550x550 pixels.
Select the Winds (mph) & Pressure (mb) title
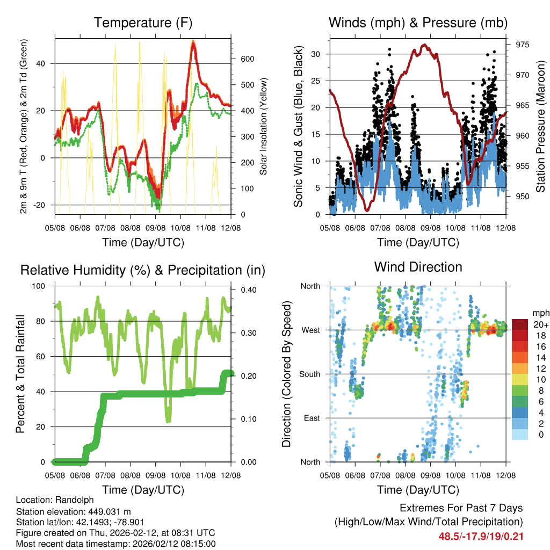(418, 23)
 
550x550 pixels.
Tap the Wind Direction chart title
(418, 267)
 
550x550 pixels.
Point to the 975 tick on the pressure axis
(522, 45)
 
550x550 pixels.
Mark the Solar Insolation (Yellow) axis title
(264, 126)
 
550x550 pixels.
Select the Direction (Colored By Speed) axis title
(286, 374)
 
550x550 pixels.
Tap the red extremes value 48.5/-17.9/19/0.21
(481, 536)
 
